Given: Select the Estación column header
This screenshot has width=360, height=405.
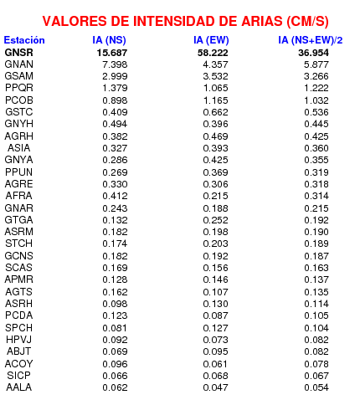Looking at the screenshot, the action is click(x=24, y=40).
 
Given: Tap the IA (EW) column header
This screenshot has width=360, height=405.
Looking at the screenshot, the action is click(x=211, y=40).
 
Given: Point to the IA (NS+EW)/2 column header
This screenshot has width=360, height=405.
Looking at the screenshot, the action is click(x=311, y=40).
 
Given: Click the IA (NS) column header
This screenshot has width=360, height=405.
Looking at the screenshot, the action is click(x=110, y=40).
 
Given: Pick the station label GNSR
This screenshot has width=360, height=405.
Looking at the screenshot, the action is click(x=19, y=53).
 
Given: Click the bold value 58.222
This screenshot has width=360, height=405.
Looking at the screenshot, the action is click(x=213, y=53).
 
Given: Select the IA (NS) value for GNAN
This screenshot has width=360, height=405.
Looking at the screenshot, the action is click(x=115, y=64).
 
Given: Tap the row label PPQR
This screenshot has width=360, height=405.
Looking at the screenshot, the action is click(x=19, y=88).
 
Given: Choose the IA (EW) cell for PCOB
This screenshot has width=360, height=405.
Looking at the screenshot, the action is click(x=216, y=100).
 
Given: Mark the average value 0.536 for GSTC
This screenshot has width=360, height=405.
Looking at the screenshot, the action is click(x=316, y=112).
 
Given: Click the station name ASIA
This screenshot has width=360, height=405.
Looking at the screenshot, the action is click(x=18, y=148).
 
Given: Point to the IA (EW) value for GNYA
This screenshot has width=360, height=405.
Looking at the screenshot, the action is click(x=216, y=160).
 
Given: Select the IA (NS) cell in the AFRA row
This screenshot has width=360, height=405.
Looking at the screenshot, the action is click(x=115, y=196).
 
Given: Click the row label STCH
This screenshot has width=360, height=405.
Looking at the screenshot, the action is click(x=18, y=244).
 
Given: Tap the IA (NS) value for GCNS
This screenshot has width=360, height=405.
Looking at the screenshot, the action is click(x=115, y=256).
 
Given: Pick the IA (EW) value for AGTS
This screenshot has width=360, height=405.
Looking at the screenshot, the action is click(x=216, y=292).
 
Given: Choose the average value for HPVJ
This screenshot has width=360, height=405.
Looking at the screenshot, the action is click(x=316, y=340).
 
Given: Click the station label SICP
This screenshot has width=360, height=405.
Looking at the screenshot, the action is click(x=18, y=376).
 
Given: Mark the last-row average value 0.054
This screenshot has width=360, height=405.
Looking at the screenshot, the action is click(x=316, y=387).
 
